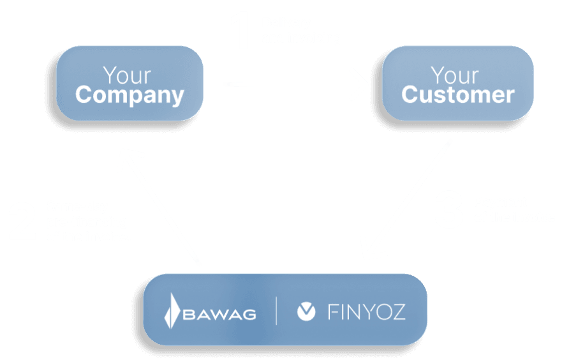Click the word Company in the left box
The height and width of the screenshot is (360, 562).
point(129,95)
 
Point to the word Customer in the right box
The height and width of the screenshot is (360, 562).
point(457,95)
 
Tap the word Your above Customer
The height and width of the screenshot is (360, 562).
point(455,75)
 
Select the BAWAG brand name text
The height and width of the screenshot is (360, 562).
point(220,314)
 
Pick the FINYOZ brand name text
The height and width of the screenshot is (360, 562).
point(367,311)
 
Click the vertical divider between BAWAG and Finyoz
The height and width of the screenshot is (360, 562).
point(276,311)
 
